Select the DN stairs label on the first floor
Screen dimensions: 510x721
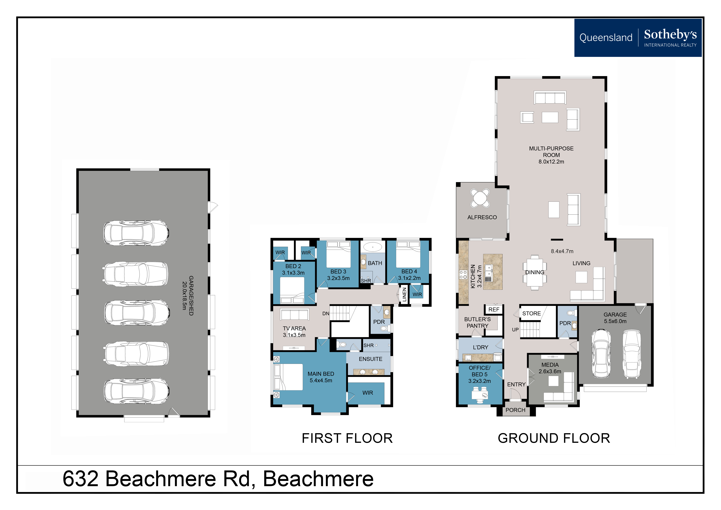point(326,313)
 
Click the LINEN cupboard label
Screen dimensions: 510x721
point(404,295)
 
